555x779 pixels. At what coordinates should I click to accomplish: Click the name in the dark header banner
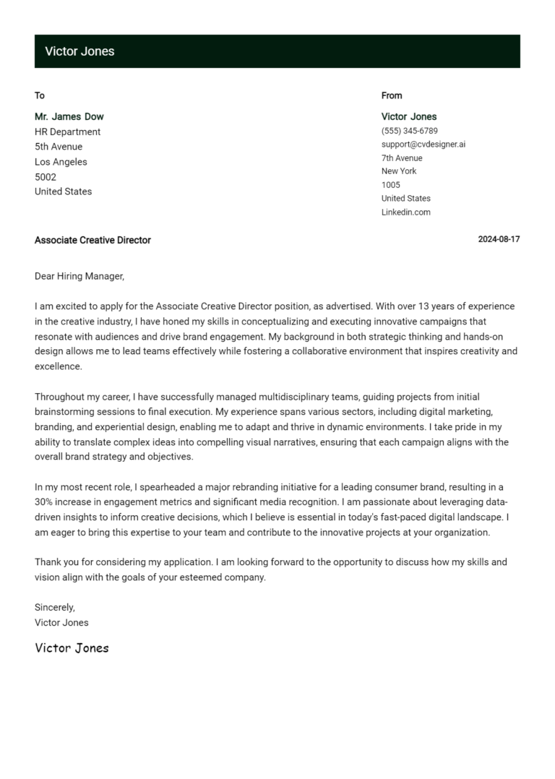pyautogui.click(x=79, y=51)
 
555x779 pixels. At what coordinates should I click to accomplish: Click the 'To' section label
pyautogui.click(x=40, y=95)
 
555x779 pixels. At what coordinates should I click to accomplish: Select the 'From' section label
pyautogui.click(x=392, y=95)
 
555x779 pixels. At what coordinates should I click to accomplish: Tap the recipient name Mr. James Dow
pyautogui.click(x=69, y=116)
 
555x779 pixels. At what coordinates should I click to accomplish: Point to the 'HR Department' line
pyautogui.click(x=68, y=132)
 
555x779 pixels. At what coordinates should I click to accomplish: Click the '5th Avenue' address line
pyautogui.click(x=59, y=147)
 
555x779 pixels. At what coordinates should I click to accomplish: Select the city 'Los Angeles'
pyautogui.click(x=61, y=162)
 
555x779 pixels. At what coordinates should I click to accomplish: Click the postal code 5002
pyautogui.click(x=46, y=177)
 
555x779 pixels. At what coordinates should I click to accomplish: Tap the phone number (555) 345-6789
pyautogui.click(x=409, y=131)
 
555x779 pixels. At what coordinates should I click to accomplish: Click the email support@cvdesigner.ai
pyautogui.click(x=423, y=144)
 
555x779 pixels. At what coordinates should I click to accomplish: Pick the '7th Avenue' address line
pyautogui.click(x=402, y=158)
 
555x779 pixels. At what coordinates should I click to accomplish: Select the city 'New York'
pyautogui.click(x=399, y=171)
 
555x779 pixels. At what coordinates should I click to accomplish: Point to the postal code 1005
pyautogui.click(x=391, y=185)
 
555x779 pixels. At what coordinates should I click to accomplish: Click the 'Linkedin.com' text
pyautogui.click(x=406, y=212)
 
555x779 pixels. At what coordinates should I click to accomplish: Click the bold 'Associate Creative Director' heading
pyautogui.click(x=92, y=240)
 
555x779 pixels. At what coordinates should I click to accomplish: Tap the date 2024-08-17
pyautogui.click(x=499, y=240)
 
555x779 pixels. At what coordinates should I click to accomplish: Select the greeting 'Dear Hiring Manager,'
pyautogui.click(x=79, y=276)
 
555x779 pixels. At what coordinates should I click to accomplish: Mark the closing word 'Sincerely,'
pyautogui.click(x=55, y=607)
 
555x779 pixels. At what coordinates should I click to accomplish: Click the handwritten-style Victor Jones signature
pyautogui.click(x=72, y=648)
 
